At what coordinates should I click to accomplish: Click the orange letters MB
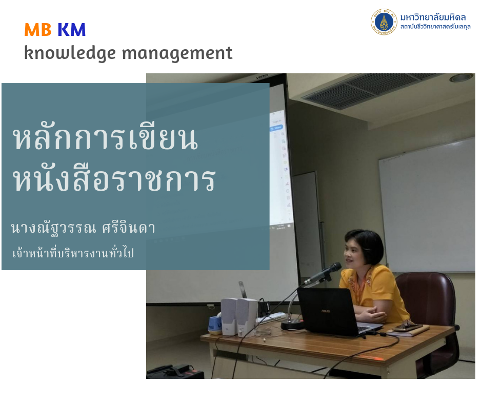38,30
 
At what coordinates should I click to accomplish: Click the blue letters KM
72,30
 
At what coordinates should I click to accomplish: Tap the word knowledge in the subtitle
70,53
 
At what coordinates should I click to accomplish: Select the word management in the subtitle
177,53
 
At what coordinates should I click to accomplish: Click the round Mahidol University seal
384,22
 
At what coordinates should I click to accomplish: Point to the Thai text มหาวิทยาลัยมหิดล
433,17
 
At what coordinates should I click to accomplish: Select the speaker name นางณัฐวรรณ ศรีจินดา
83,228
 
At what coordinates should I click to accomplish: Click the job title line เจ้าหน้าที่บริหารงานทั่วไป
73,253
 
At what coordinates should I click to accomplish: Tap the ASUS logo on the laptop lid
326,311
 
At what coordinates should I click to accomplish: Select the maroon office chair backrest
426,295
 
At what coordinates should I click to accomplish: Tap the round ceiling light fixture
461,78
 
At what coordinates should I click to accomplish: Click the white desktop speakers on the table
239,317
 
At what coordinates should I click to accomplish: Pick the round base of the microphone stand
292,325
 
